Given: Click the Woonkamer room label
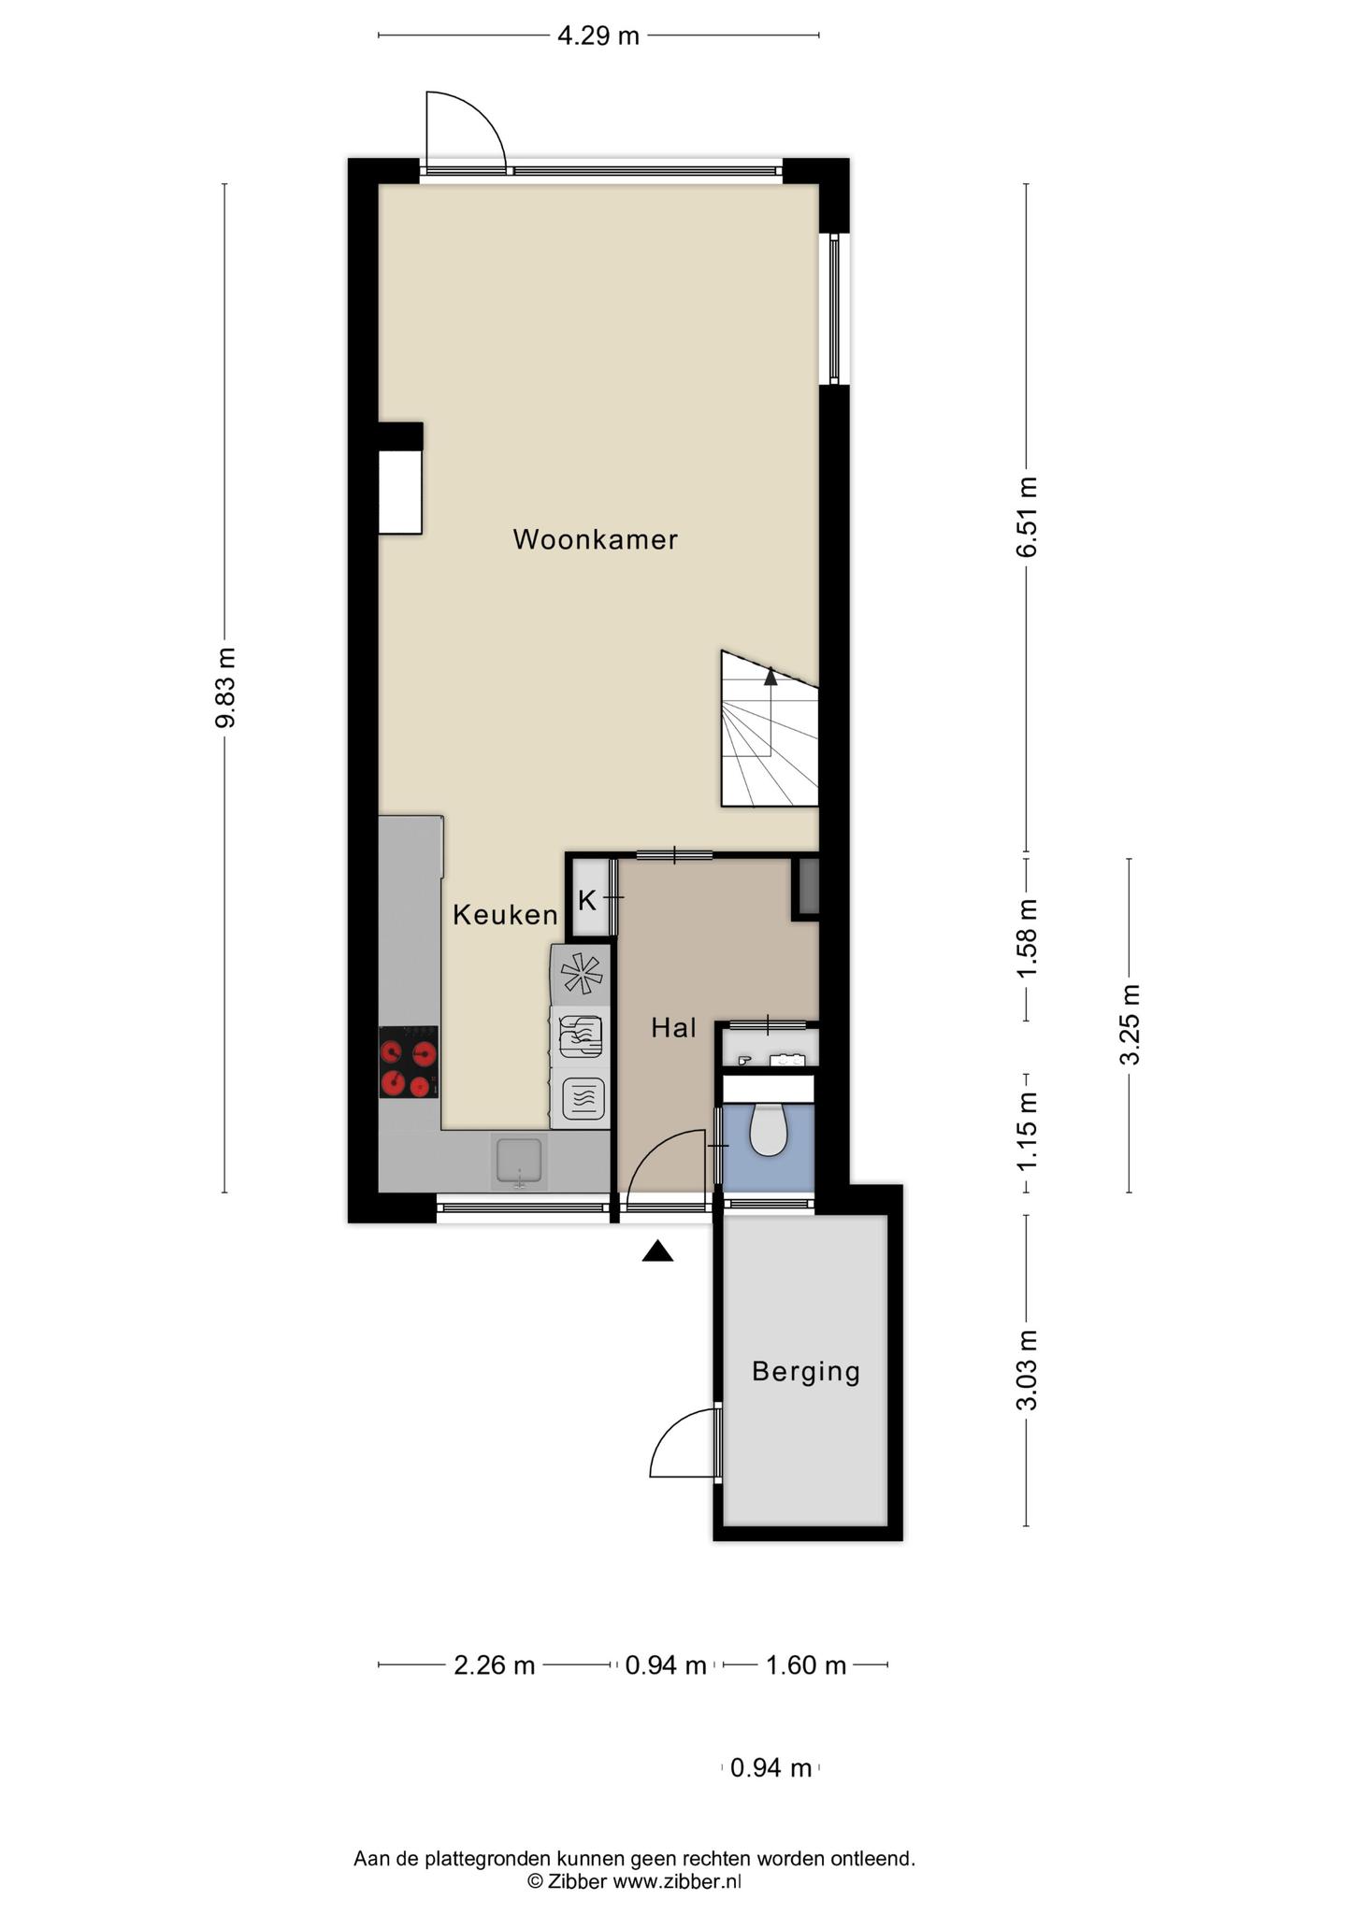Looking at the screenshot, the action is (x=595, y=539).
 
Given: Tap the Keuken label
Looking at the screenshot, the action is (x=505, y=915).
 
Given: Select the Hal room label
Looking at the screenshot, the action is (x=673, y=1028).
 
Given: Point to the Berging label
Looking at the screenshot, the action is (x=806, y=1372).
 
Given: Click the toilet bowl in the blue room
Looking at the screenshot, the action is (x=769, y=1130).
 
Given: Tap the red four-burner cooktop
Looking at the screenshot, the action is (x=409, y=1062).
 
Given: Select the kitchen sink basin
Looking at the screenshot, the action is (x=519, y=1161).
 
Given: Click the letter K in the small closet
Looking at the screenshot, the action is (x=586, y=901).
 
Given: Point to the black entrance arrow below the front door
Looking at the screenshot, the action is (x=657, y=1251).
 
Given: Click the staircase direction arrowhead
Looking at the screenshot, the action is (x=771, y=677).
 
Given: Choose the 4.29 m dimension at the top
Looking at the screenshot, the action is (x=598, y=36).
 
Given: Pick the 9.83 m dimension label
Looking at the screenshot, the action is (x=224, y=687).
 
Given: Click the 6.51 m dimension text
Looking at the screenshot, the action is (x=1027, y=517).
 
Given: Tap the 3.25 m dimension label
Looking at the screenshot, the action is (x=1130, y=1025).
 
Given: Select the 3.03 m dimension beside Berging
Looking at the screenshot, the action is (x=1027, y=1370).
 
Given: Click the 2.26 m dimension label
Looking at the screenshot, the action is (x=495, y=1665).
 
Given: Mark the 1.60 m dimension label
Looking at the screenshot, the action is (x=806, y=1665).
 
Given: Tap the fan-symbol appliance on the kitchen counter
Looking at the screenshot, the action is (x=581, y=974).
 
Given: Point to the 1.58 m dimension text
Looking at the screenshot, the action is (x=1027, y=938).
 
